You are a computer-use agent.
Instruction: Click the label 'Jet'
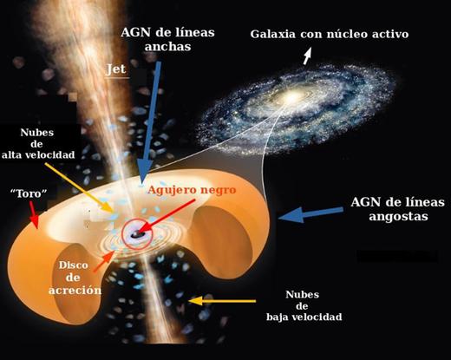pos(116,69)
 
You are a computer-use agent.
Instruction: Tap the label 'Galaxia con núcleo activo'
pos(330,34)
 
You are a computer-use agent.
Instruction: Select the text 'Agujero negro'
pos(192,190)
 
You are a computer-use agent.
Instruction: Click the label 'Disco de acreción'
pos(75,278)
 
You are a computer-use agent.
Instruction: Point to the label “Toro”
pos(29,193)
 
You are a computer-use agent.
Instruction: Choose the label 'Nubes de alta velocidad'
pos(38,144)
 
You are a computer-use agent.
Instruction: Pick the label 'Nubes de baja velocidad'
pos(304,305)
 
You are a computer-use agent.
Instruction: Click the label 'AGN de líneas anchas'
pos(167,39)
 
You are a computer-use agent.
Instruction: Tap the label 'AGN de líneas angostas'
pos(397,209)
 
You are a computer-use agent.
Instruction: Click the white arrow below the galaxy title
pos(308,56)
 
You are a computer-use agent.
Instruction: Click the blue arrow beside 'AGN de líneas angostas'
pos(311,214)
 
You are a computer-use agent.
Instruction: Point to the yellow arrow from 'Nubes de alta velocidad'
pos(79,187)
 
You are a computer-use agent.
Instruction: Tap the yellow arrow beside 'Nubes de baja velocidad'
pos(222,301)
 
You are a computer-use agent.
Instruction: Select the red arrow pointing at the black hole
pos(167,216)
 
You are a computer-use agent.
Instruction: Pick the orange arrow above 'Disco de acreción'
pos(103,262)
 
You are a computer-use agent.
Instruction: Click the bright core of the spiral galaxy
pos(292,97)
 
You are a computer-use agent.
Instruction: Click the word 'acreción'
pos(75,290)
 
